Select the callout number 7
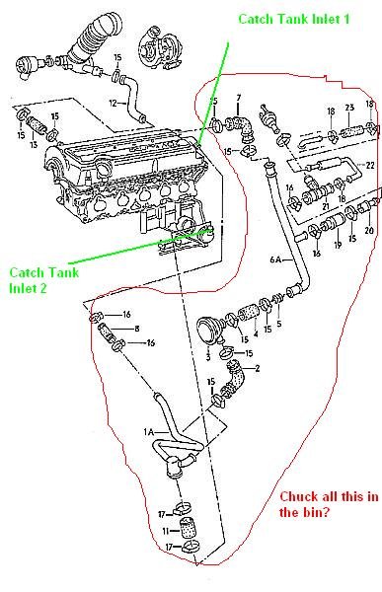[x=238, y=97]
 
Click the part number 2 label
[x=258, y=369]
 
